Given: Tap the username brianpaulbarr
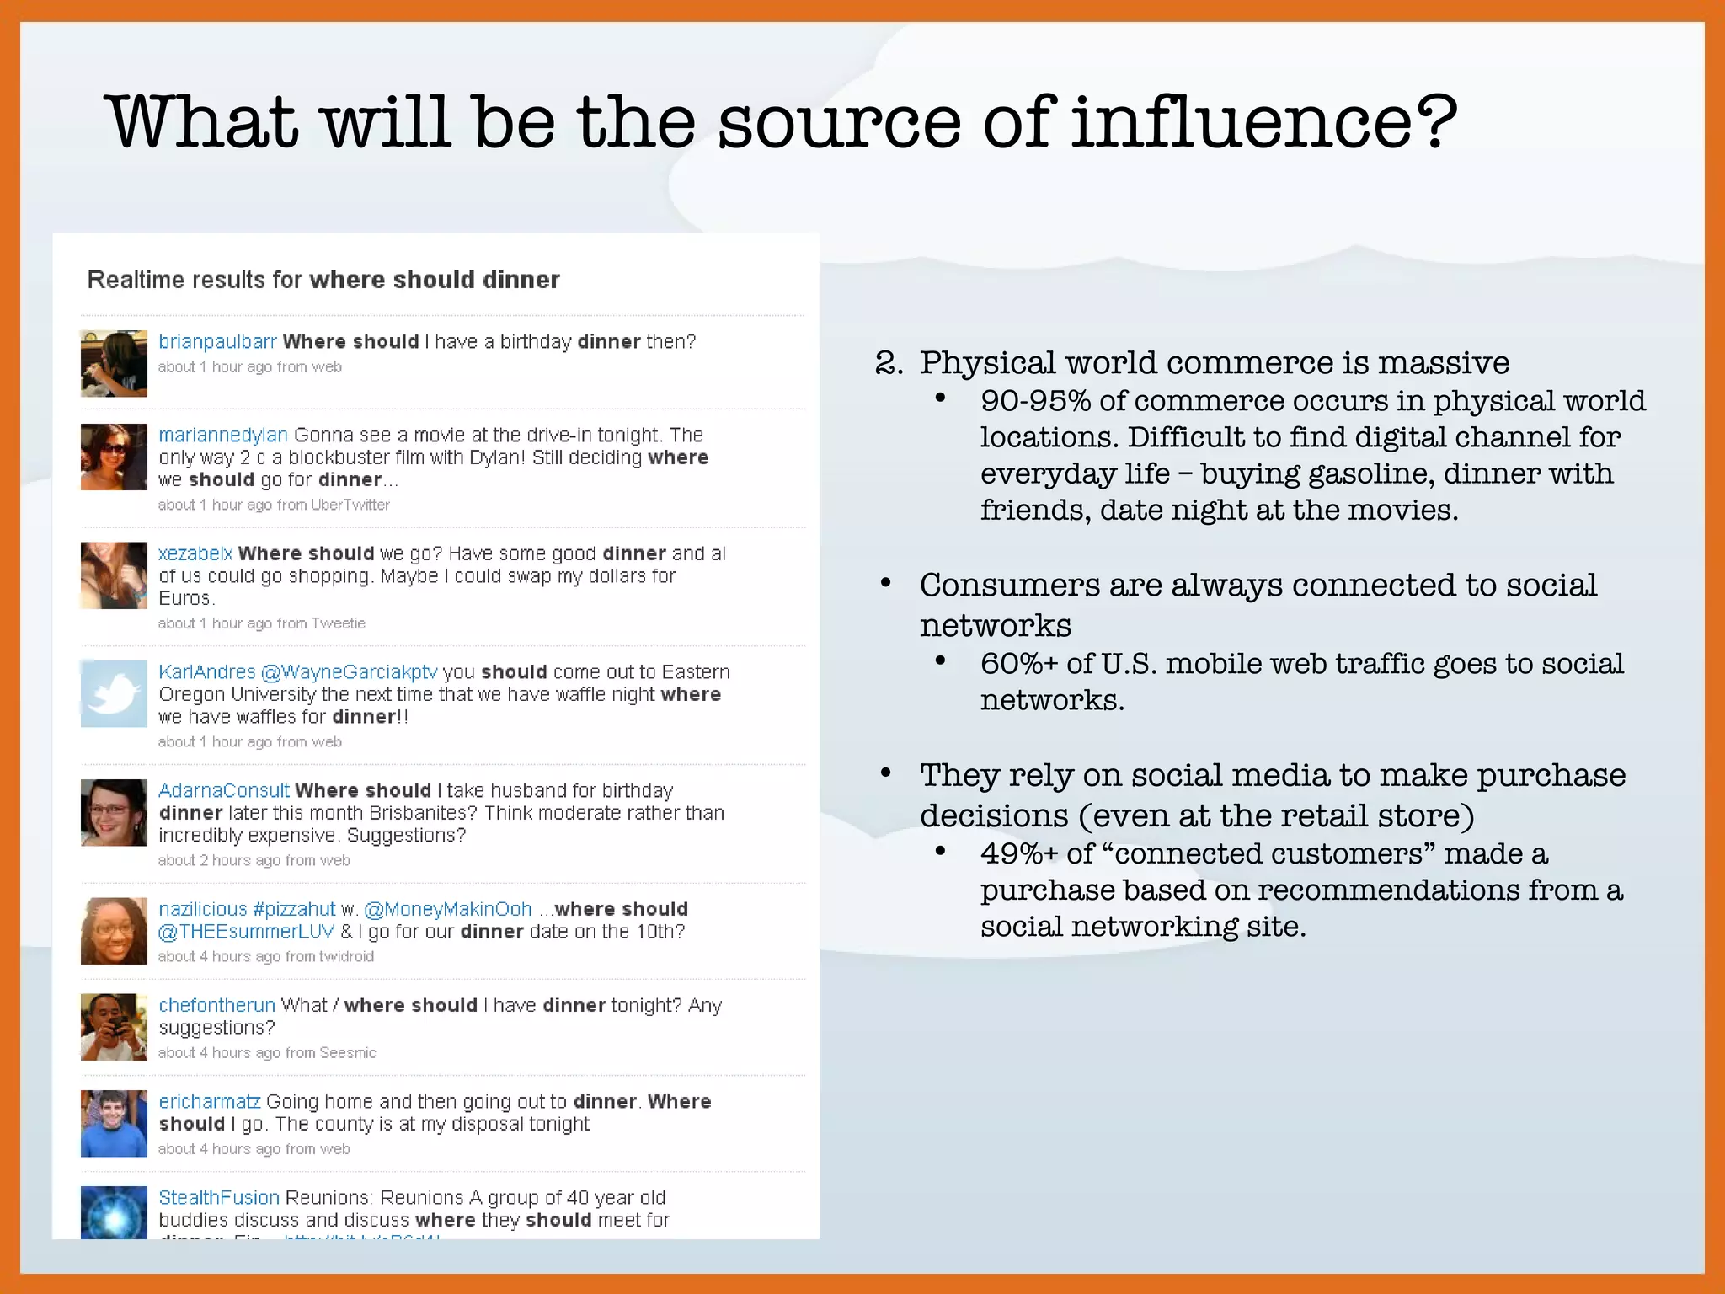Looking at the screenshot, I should click(217, 342).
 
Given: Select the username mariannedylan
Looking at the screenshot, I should click(223, 436).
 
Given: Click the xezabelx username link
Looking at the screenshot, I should click(195, 553).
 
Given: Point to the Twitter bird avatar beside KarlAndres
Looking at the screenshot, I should click(114, 694).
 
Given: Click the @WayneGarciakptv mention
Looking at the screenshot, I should click(349, 672).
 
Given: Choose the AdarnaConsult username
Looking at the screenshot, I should click(224, 791).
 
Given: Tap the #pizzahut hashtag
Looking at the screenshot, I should click(294, 910).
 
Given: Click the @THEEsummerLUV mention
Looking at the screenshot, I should click(246, 932).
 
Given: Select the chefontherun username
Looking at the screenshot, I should click(217, 1006).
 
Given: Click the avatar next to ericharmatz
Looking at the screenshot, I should click(114, 1124).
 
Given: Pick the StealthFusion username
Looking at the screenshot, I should click(219, 1198).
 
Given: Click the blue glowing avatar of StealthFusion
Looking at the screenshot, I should click(114, 1213).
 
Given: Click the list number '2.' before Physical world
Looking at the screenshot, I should click(889, 363).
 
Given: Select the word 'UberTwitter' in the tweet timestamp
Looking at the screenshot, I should click(350, 505).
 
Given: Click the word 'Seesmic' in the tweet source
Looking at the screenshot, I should click(348, 1053).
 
